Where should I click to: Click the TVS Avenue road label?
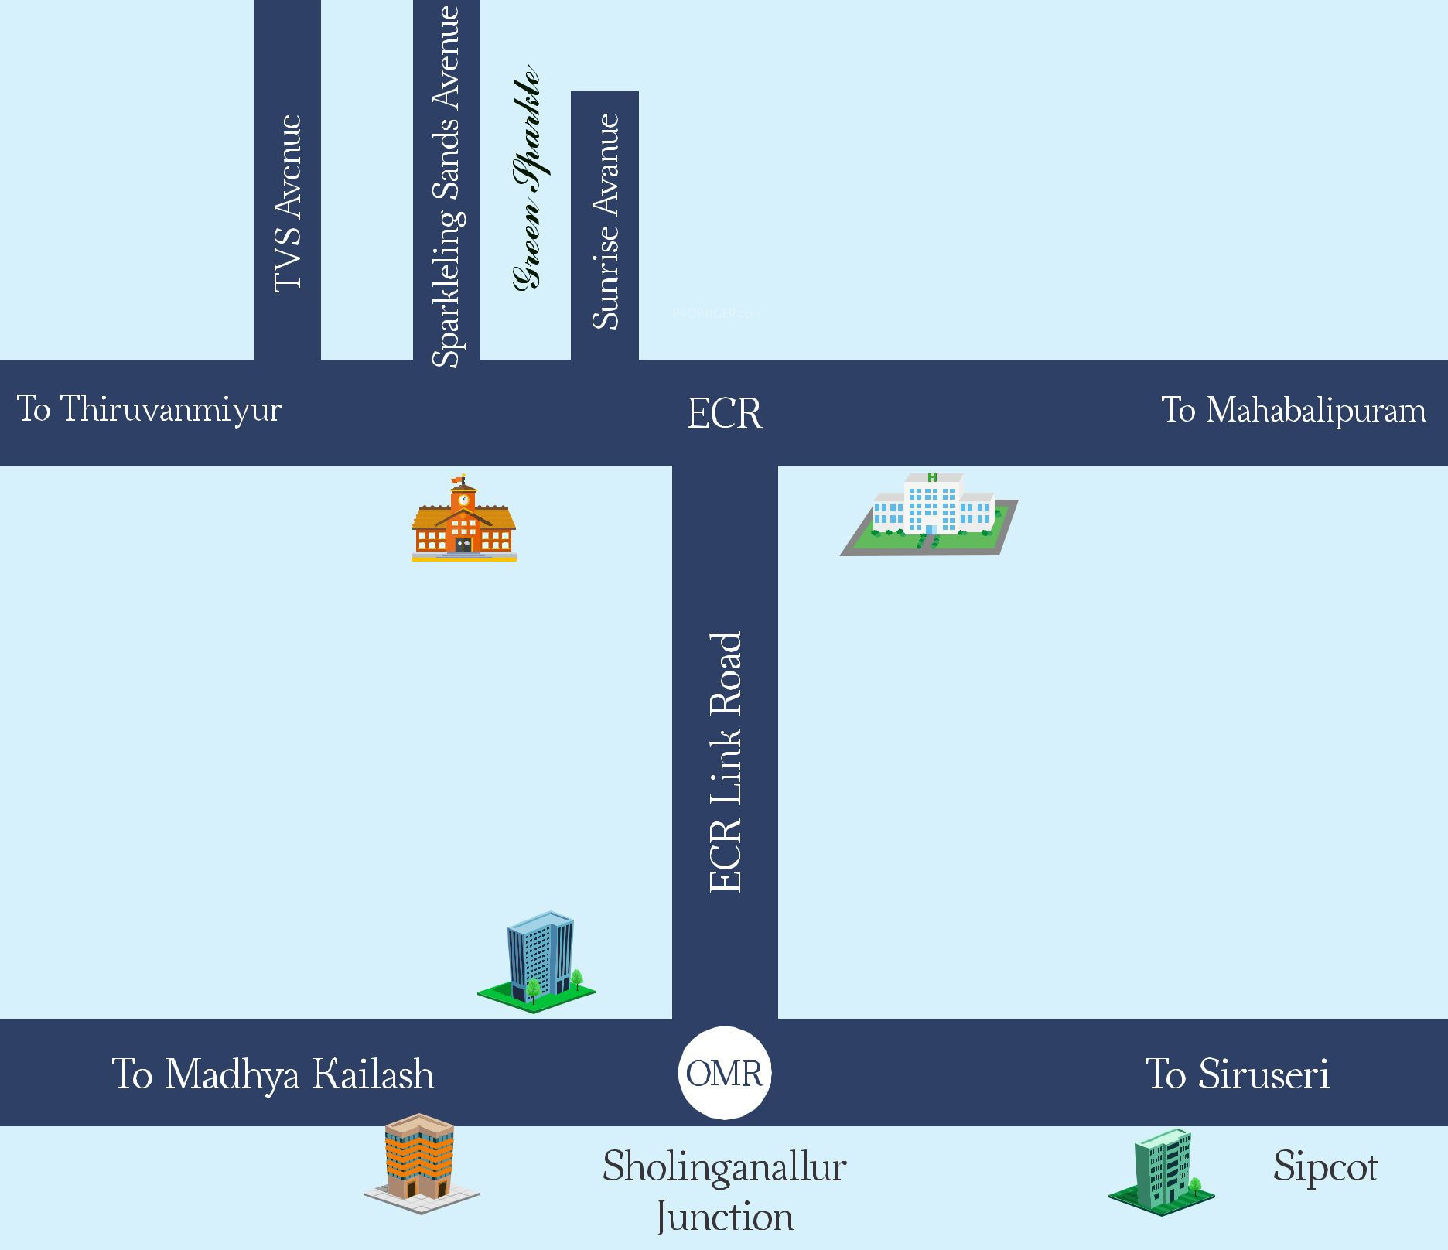(x=288, y=203)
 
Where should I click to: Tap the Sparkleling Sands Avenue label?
(x=446, y=186)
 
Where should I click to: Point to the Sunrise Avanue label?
(x=605, y=221)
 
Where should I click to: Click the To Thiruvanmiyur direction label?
(x=149, y=409)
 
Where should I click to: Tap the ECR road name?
(x=724, y=413)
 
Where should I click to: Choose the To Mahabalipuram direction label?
(x=1293, y=410)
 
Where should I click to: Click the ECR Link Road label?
(x=726, y=763)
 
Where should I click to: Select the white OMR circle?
(x=725, y=1073)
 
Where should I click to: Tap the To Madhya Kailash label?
(x=273, y=1074)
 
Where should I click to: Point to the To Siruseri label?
(x=1237, y=1074)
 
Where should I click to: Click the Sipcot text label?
(x=1325, y=1166)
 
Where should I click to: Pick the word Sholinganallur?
(x=724, y=1166)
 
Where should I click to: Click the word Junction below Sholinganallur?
(x=724, y=1218)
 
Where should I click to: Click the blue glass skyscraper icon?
(x=539, y=960)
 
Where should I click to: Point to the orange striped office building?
(x=420, y=1160)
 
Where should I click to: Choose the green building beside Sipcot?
(x=1162, y=1170)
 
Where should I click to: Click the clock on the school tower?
(x=463, y=500)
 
